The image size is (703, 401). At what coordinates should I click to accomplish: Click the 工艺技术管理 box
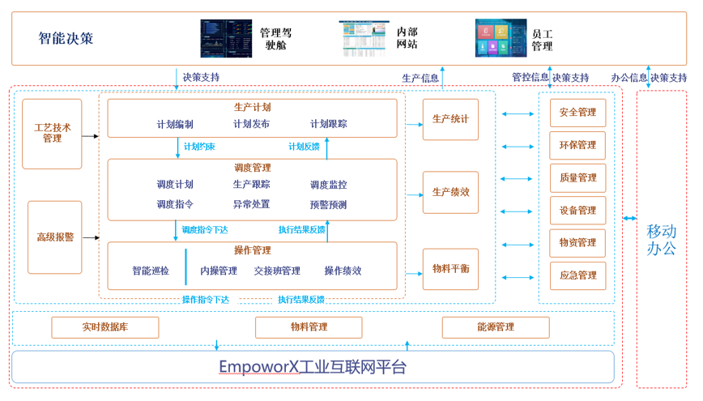(52, 134)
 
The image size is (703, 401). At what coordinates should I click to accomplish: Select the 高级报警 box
(55, 237)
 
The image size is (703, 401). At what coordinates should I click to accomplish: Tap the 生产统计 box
(450, 120)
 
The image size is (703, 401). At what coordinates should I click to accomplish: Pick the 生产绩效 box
(450, 193)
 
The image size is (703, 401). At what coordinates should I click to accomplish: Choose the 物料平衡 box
(450, 269)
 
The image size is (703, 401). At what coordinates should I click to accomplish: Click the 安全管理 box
(577, 113)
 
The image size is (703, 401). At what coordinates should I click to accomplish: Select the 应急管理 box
(577, 275)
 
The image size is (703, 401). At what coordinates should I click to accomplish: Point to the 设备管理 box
(577, 211)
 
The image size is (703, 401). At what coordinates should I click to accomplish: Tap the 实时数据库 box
(105, 327)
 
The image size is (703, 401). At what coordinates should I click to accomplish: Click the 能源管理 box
(496, 327)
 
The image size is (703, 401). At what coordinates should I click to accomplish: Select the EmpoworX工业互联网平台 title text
(313, 367)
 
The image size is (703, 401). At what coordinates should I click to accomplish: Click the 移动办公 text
(661, 240)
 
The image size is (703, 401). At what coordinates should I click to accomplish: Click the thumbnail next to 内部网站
(364, 38)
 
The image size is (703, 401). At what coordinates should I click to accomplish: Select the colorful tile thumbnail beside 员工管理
(501, 38)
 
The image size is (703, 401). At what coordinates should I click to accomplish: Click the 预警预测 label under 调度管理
(328, 205)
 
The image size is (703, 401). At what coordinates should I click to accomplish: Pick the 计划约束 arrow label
(199, 147)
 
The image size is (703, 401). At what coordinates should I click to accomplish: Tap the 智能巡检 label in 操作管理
(151, 271)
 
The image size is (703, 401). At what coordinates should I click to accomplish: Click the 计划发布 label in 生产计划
(252, 124)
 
